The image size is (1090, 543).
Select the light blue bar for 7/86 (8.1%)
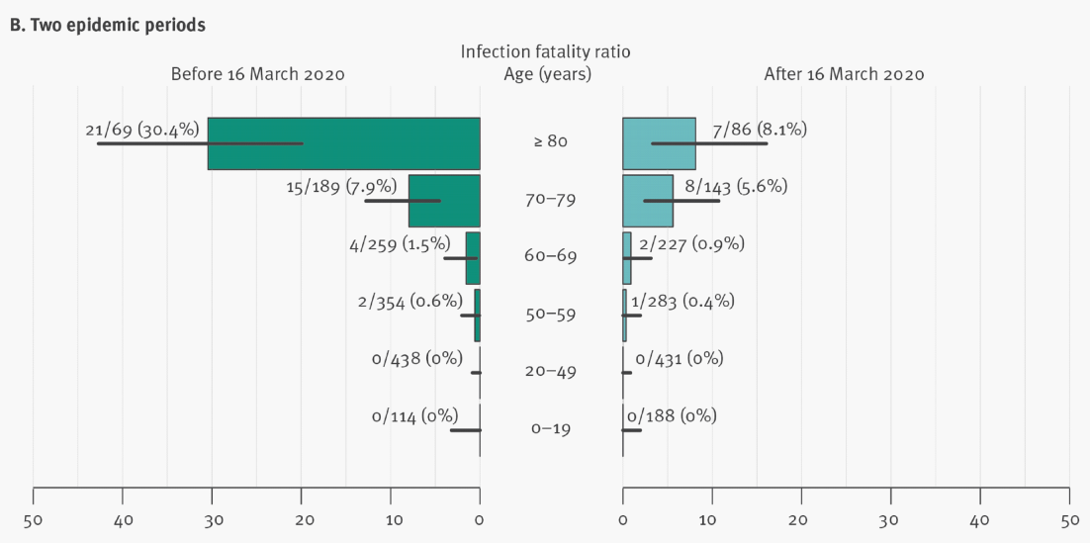click(x=659, y=143)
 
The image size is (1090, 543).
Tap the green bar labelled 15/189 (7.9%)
click(x=444, y=201)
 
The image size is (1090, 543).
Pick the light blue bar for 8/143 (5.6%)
click(x=648, y=201)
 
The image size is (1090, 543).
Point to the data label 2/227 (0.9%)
click(x=691, y=243)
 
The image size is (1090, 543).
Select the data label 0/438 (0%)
click(x=416, y=359)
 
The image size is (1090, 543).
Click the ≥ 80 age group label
click(x=551, y=141)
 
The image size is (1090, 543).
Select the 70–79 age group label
click(x=551, y=200)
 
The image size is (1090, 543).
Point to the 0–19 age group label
click(x=551, y=429)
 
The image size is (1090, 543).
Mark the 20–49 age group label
click(x=551, y=372)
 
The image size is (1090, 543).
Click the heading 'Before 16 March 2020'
click(x=257, y=74)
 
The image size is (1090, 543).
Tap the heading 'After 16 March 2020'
click(x=844, y=74)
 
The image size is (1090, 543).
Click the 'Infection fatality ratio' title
click(x=545, y=50)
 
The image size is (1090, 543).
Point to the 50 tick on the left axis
click(x=34, y=519)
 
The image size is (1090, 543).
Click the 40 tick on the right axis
click(x=980, y=519)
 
